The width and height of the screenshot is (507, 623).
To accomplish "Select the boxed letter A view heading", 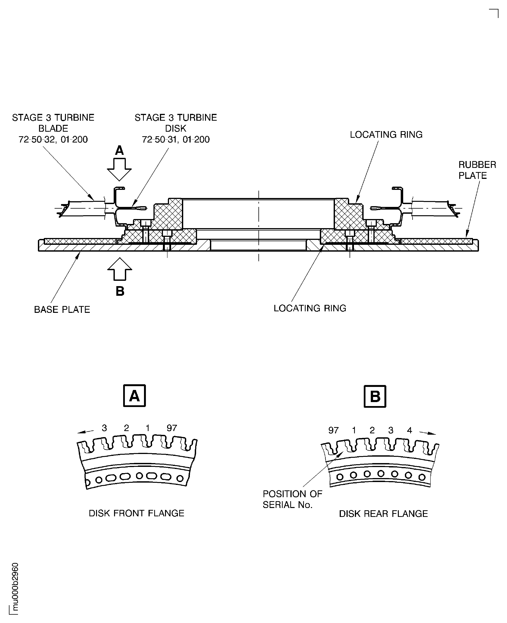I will coord(134,396).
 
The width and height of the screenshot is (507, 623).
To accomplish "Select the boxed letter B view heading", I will coord(375,396).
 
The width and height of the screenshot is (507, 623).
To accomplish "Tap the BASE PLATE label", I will coord(62,310).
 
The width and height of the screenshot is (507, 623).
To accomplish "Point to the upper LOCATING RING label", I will coord(386,135).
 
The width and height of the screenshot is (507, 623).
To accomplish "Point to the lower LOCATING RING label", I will coord(310,308).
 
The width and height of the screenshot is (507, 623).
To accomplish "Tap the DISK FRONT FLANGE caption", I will coord(136,513).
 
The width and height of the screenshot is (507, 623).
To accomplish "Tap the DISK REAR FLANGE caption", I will coord(383,513).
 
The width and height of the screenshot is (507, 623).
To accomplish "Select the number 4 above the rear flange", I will coord(409,430).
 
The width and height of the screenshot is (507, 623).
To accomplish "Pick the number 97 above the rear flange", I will coord(333,430).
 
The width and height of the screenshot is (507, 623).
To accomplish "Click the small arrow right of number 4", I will coord(428,433).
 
